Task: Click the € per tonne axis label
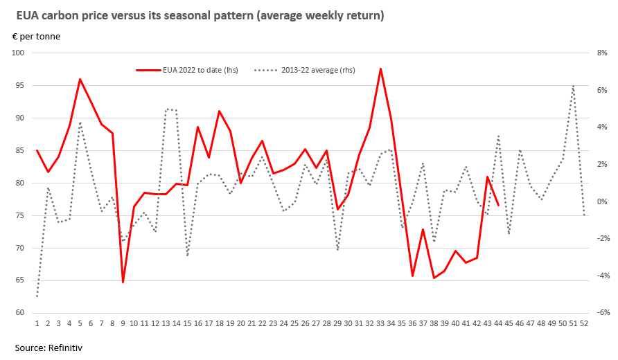[36, 37]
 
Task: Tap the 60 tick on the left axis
[19, 313]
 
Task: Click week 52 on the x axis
[584, 323]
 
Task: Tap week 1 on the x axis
[37, 323]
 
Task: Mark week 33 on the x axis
[380, 323]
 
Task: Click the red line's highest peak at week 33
[380, 69]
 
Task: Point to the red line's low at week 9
[123, 282]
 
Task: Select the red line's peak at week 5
[80, 79]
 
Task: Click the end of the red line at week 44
[498, 205]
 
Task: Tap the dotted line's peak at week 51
[574, 86]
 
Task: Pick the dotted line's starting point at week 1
[37, 296]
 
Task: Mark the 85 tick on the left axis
[19, 150]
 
